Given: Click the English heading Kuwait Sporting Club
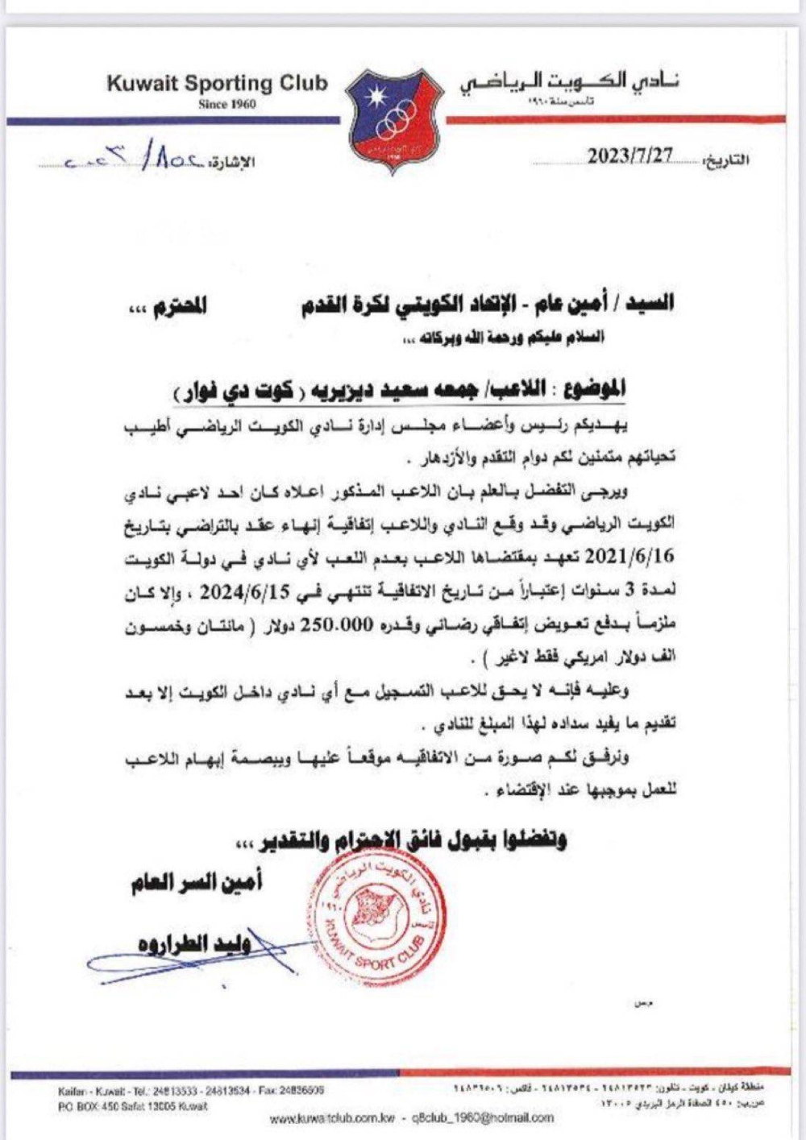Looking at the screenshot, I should coord(218,83).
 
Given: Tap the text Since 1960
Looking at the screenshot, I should coord(227,104).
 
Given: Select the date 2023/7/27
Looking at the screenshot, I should coord(629,156).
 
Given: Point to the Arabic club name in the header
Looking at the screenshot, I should coord(570,83).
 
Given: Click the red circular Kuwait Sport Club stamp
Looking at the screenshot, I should coord(376,918).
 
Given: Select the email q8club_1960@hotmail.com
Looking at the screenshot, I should coord(483,1117).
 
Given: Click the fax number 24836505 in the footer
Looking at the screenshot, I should coord(301,1090).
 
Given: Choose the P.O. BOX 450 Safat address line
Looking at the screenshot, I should coord(132,1106).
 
